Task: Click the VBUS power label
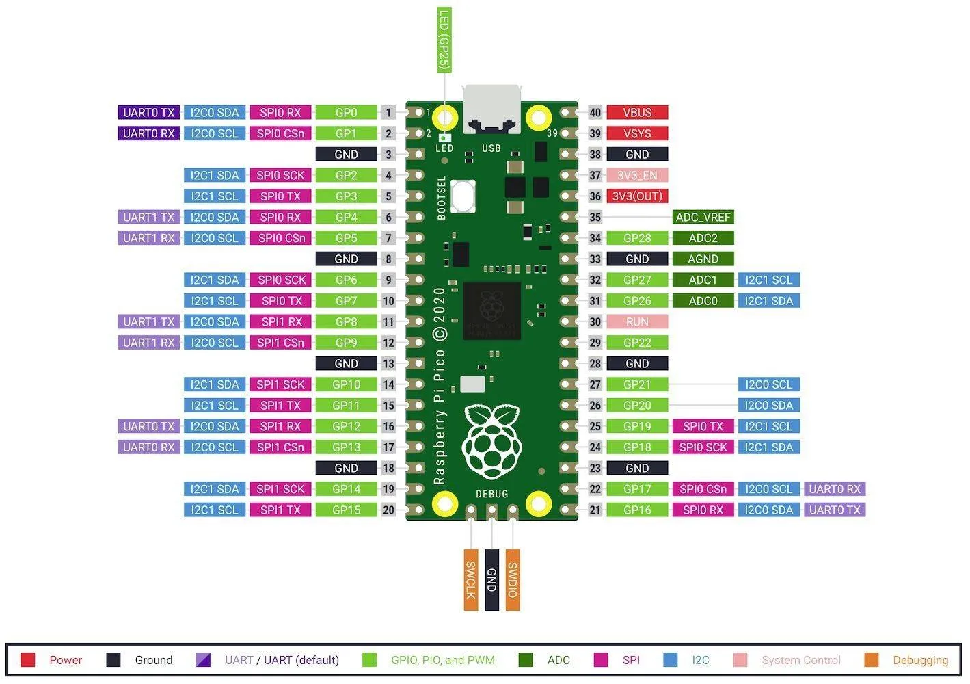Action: click(636, 113)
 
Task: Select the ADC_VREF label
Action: click(703, 218)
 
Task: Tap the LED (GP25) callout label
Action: click(444, 40)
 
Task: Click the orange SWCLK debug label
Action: click(470, 579)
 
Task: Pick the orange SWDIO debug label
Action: click(513, 579)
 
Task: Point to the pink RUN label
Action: click(636, 322)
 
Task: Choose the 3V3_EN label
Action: click(636, 176)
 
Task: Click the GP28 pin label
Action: click(636, 239)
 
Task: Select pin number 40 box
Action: click(595, 113)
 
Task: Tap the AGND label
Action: click(703, 259)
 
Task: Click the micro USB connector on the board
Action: click(491, 109)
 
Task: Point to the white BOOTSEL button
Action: click(463, 196)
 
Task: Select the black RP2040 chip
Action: click(491, 311)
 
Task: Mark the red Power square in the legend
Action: click(28, 660)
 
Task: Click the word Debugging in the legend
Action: click(920, 660)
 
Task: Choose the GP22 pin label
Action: click(636, 343)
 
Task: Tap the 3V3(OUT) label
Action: click(636, 196)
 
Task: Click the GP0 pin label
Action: click(346, 113)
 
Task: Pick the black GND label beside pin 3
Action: click(346, 155)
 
